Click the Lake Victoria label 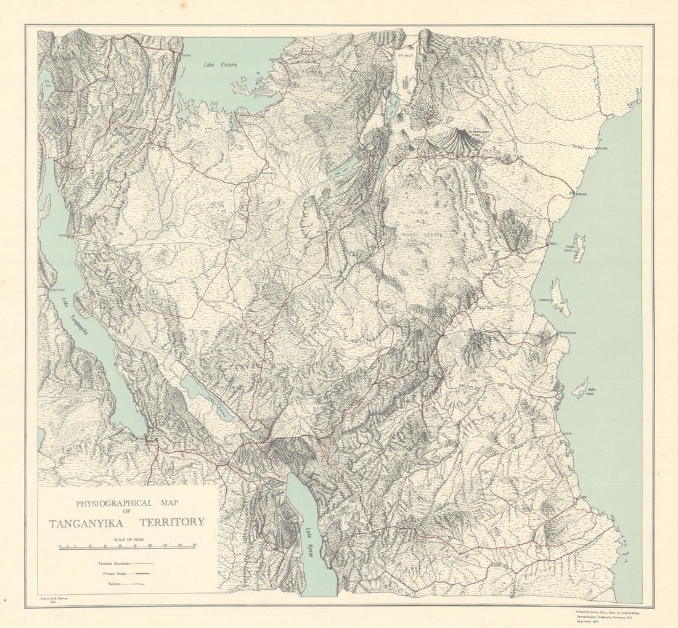coord(220,64)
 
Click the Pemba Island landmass coord(579,248)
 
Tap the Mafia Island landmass coord(579,388)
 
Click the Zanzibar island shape coord(560,297)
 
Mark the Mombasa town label coord(581,194)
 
